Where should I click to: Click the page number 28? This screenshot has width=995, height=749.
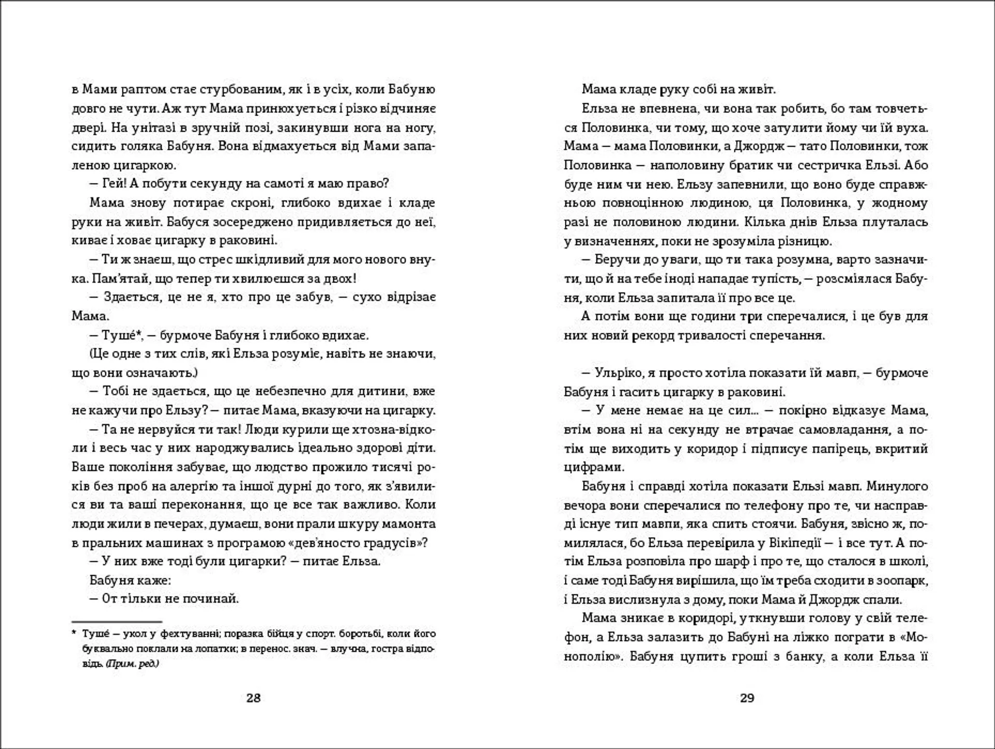[253, 698]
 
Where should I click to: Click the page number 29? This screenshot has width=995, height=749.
[747, 698]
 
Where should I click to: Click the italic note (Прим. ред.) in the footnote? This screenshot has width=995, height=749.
[132, 663]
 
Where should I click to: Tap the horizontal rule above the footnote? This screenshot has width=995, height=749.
[117, 621]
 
